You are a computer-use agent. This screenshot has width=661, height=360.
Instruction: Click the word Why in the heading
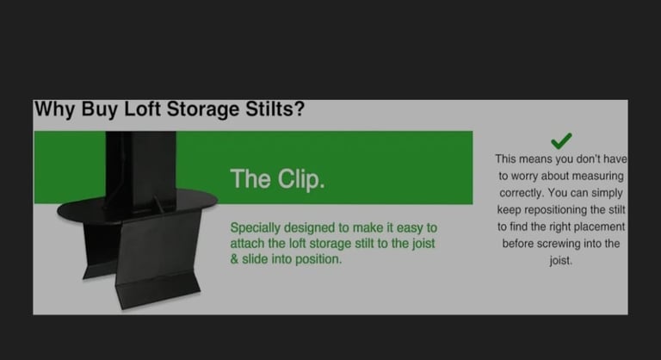coord(54,109)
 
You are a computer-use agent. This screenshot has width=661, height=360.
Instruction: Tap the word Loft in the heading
coord(142,109)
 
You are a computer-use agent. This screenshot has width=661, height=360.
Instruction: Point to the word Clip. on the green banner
coord(301,179)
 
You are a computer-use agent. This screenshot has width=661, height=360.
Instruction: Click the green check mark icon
coord(561,141)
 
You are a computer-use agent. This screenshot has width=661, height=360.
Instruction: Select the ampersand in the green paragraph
coord(234,259)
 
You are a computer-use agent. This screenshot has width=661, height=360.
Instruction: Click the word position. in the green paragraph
coord(318,259)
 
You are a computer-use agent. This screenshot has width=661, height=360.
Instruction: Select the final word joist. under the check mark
coord(561,260)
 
